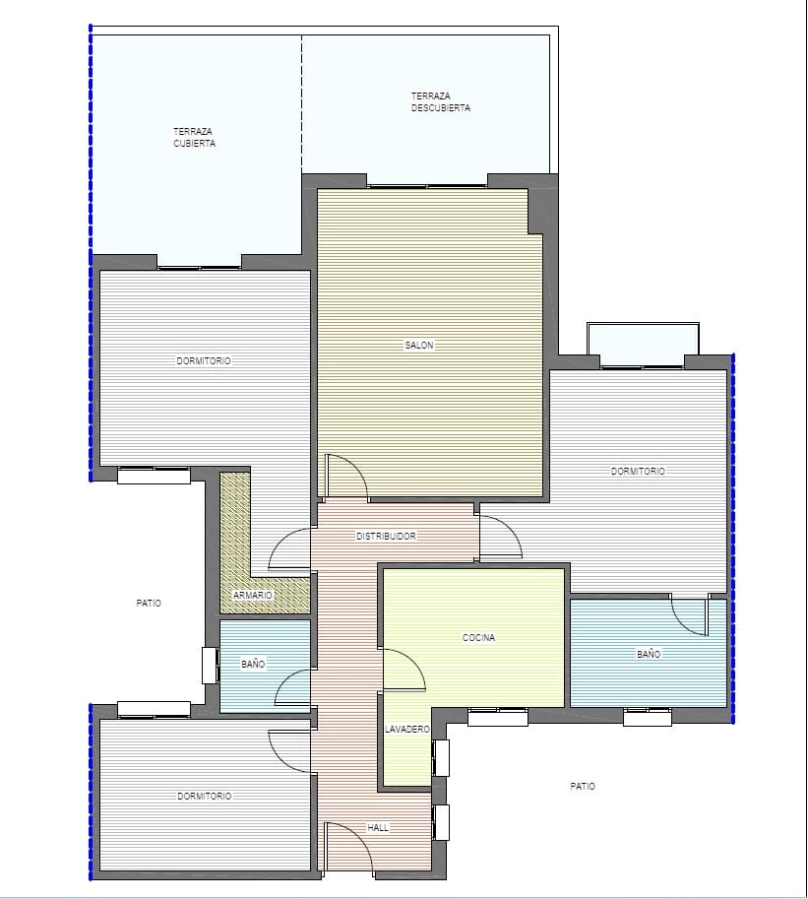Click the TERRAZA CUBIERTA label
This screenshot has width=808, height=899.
pyautogui.click(x=194, y=137)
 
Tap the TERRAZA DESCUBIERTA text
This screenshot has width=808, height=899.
pyautogui.click(x=440, y=101)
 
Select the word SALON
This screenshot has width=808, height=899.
pyautogui.click(x=418, y=346)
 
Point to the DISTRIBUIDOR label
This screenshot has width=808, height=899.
pyautogui.click(x=386, y=537)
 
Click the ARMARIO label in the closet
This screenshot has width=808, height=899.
pyautogui.click(x=253, y=596)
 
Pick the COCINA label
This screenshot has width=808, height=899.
pyautogui.click(x=478, y=638)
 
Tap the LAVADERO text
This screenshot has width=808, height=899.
pyautogui.click(x=407, y=730)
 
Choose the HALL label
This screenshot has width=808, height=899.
pyautogui.click(x=378, y=828)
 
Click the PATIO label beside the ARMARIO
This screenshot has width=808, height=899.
pyautogui.click(x=149, y=603)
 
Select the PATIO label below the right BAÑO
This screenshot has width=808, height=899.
pyautogui.click(x=583, y=787)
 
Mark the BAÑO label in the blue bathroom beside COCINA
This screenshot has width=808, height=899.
pyautogui.click(x=648, y=654)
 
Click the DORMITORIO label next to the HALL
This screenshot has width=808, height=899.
pyautogui.click(x=205, y=796)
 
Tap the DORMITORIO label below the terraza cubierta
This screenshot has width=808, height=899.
pyautogui.click(x=204, y=361)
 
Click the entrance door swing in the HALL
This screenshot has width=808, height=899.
pyautogui.click(x=349, y=849)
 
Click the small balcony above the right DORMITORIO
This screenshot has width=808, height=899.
pyautogui.click(x=643, y=344)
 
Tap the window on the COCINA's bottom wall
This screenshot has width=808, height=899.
pyautogui.click(x=497, y=718)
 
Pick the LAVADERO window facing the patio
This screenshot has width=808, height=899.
pyautogui.click(x=441, y=757)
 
